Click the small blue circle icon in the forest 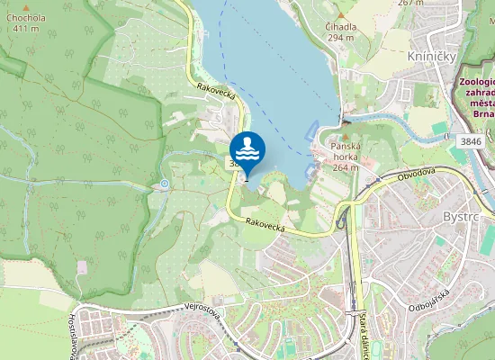click(x=164, y=184)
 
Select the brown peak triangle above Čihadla click(x=338, y=15)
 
